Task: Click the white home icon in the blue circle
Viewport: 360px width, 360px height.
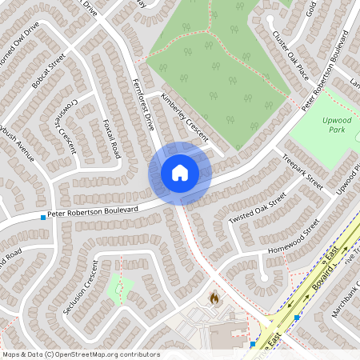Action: pos(180,173)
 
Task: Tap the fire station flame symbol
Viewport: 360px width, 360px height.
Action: pos(214,298)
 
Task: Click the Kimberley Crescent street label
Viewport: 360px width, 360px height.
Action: pos(184,114)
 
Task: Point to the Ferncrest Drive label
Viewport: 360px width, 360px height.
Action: pos(142,101)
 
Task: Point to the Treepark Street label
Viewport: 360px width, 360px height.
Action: pos(303,170)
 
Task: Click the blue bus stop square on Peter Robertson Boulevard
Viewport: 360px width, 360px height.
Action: pos(42,217)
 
